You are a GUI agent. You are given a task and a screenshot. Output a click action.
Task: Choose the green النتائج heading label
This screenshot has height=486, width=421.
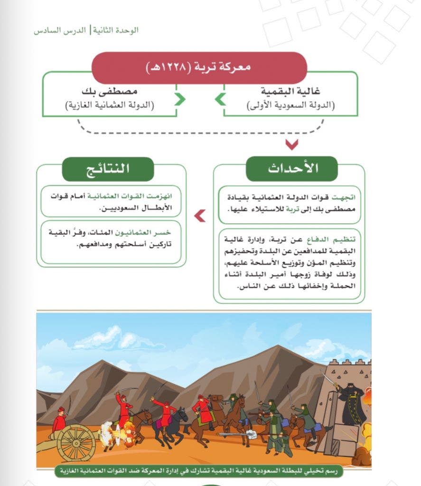(108, 169)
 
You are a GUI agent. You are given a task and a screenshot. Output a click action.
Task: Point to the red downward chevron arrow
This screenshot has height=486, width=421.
(291, 144)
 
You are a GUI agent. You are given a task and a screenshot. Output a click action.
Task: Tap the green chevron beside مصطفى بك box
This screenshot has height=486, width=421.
(179, 100)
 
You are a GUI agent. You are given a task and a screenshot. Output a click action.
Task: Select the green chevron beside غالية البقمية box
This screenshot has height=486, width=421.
(221, 100)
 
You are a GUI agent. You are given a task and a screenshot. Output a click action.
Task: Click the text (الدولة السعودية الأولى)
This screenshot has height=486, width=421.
(290, 105)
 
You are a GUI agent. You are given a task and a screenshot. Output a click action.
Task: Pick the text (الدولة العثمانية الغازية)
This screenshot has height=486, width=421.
(110, 105)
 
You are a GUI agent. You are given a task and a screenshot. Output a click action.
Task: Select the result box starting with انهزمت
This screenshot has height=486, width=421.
(110, 201)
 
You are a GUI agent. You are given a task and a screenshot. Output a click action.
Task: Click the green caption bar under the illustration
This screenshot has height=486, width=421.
(198, 471)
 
